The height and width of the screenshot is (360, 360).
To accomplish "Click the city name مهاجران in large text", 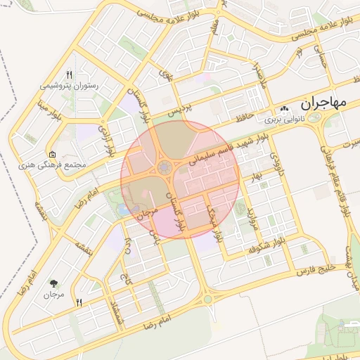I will click(325, 102).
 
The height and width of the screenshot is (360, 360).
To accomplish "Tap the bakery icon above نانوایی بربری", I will click(284, 110).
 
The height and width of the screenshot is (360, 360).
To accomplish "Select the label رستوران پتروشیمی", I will click(68, 86).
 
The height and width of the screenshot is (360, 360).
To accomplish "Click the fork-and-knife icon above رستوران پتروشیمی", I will click(68, 74).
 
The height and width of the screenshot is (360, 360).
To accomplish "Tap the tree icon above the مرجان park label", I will click(54, 283).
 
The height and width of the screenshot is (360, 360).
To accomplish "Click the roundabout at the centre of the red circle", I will click(165, 167).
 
